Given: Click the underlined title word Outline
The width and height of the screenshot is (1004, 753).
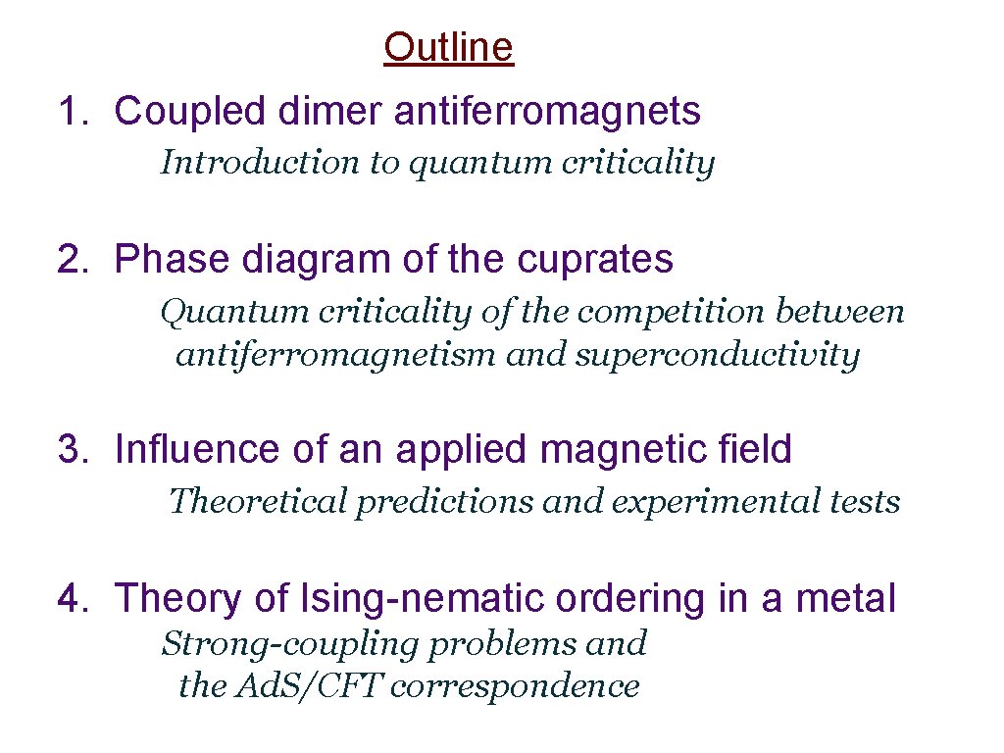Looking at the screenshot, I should point(448,46).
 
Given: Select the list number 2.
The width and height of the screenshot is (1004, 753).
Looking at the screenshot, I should point(71,259).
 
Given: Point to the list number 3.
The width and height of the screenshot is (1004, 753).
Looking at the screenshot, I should point(71,449).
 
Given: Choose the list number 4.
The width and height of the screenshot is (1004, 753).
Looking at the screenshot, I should point(71,597).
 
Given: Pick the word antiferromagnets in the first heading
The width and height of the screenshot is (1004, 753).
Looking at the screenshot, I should point(547,112).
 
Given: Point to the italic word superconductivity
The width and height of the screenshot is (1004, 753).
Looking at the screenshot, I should point(717,354).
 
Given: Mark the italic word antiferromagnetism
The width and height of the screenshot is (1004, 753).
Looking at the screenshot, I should point(336,354).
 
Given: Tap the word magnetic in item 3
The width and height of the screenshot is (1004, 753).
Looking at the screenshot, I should point(618,449).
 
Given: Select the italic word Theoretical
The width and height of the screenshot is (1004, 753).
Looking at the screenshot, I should point(258,501).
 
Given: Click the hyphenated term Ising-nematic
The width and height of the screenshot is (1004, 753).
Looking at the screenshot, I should point(418,597).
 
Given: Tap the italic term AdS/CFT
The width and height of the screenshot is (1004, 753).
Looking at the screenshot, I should point(309,686).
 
